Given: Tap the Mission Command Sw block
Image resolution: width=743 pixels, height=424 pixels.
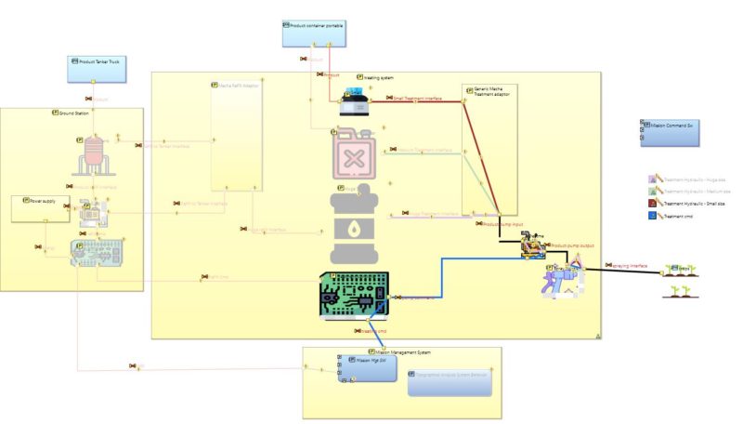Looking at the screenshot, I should [x=668, y=132].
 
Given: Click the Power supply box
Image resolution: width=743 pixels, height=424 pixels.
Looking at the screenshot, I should [x=40, y=207].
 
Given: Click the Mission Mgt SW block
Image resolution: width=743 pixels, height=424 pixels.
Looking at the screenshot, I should [x=368, y=368].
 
